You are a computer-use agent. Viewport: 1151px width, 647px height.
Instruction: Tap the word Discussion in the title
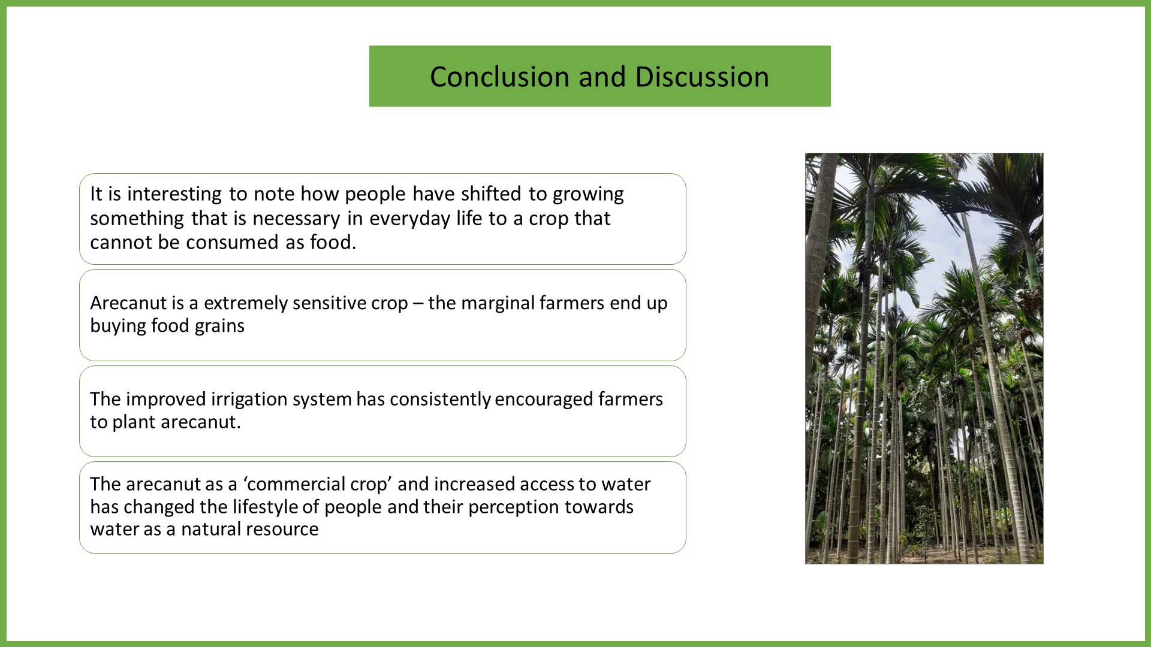pos(702,77)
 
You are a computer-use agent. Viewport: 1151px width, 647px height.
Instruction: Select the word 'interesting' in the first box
pos(175,194)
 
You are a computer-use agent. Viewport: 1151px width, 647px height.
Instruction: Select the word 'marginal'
pos(498,303)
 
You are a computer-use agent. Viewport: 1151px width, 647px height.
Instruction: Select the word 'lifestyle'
pos(265,507)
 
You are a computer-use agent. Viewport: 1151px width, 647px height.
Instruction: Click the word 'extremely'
pos(234,303)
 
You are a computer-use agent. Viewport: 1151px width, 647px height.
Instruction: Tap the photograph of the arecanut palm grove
pos(924,358)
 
